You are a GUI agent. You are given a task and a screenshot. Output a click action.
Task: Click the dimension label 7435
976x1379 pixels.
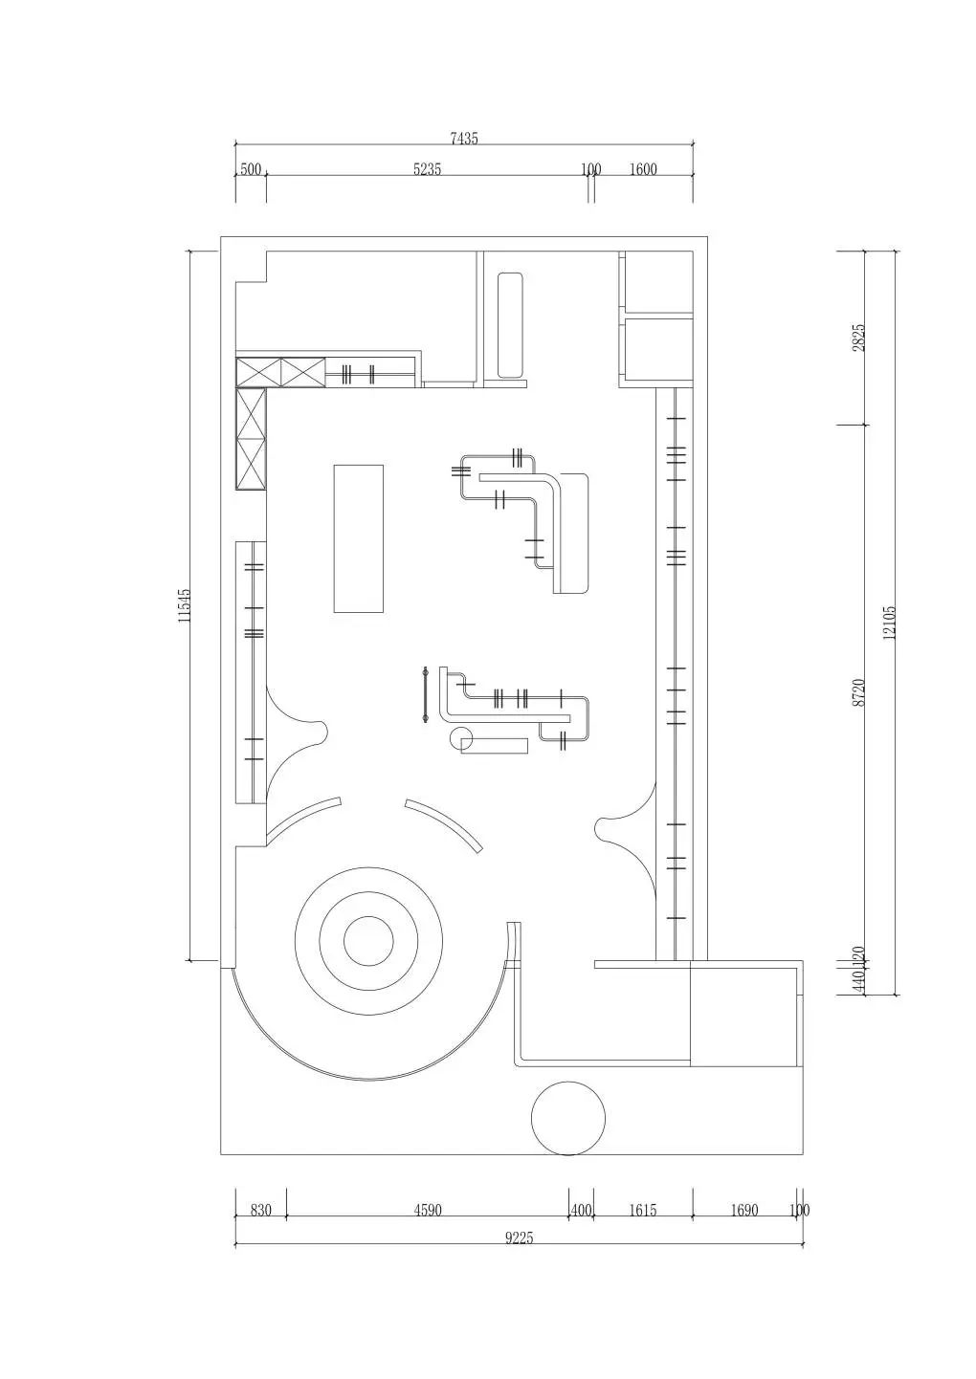[463, 139]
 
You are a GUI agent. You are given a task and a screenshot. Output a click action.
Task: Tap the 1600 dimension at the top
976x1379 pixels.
[643, 170]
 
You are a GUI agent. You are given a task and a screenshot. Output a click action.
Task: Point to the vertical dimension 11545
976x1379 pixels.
[186, 605]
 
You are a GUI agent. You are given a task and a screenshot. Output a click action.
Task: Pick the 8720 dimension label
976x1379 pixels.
[858, 691]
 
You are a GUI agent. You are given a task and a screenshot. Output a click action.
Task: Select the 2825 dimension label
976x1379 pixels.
[858, 337]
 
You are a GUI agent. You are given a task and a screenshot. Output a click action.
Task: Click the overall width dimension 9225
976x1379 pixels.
[519, 1237]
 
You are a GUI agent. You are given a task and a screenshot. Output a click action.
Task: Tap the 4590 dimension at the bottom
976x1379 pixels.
[428, 1211]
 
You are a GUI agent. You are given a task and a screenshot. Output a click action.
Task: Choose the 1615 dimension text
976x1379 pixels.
[642, 1211]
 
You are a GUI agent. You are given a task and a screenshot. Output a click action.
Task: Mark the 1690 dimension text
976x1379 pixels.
[743, 1211]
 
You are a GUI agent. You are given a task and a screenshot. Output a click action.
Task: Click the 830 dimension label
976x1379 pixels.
[260, 1211]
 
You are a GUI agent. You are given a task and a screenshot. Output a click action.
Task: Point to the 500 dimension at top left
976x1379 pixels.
[251, 170]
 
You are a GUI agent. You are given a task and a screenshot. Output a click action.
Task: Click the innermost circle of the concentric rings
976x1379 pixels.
[368, 941]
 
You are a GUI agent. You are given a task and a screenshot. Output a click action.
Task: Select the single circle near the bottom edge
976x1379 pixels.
[568, 1118]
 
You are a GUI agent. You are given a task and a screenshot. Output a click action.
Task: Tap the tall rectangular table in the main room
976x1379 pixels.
[358, 538]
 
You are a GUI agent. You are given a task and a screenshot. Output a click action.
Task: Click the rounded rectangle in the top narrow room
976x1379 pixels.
[510, 325]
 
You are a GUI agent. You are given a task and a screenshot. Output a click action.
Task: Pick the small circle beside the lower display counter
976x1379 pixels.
[461, 737]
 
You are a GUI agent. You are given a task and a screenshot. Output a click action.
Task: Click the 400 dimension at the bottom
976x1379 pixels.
[581, 1211]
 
